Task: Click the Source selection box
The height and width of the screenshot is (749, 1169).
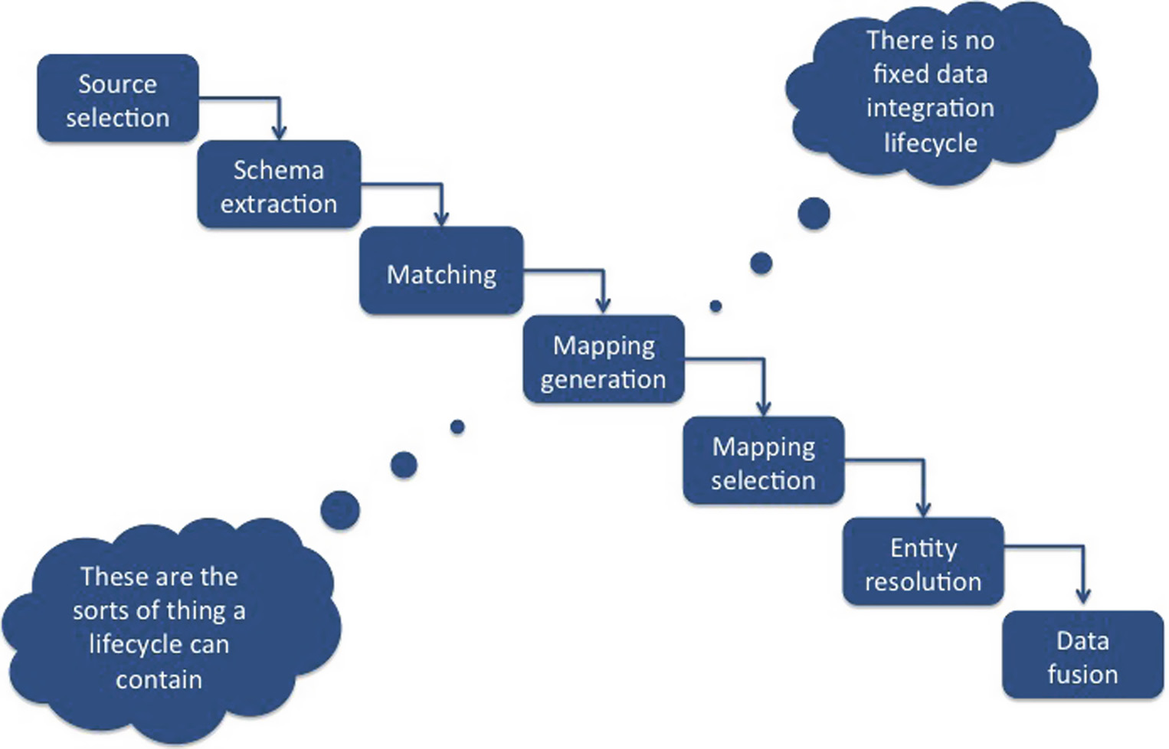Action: point(118,99)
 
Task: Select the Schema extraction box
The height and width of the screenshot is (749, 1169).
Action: point(279,185)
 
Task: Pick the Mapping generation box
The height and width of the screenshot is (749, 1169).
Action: point(604,360)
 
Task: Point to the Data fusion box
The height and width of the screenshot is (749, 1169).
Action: point(1082,656)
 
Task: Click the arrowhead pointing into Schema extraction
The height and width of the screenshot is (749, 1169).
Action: point(280,132)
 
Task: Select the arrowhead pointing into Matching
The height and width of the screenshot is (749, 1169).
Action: point(441,219)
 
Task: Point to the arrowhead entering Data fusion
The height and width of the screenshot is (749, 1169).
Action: point(1083,596)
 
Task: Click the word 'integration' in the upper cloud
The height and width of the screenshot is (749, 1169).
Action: point(930,108)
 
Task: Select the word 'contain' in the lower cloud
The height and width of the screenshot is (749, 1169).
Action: point(159,679)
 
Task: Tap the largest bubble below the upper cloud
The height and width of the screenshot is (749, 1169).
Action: point(814,214)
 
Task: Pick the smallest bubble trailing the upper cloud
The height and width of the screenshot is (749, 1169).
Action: point(715,306)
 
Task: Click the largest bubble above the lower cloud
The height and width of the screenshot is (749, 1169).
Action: point(340,510)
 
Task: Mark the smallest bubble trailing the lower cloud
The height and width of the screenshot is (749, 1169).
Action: point(457,427)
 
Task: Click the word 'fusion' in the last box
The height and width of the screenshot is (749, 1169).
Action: point(1082,675)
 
